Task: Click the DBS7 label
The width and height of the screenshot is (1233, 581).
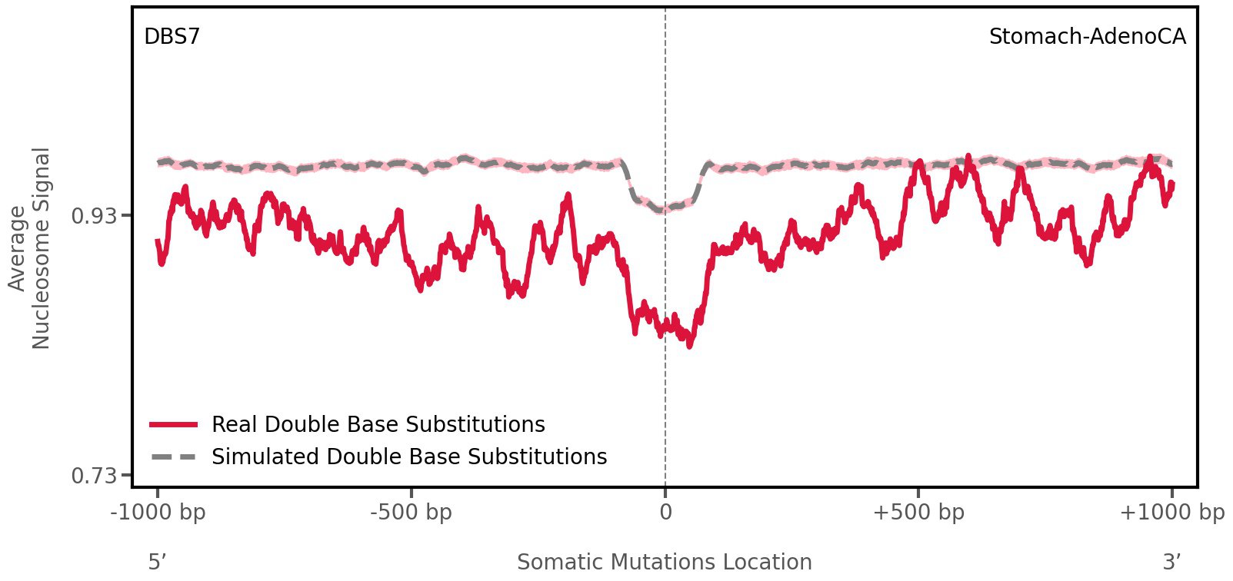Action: tap(172, 37)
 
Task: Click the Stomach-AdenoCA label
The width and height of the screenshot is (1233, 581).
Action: tap(1087, 37)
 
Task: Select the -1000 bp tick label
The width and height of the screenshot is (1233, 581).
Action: tap(158, 513)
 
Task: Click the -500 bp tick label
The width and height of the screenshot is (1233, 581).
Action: tap(411, 513)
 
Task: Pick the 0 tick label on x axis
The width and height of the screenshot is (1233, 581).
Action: tap(665, 513)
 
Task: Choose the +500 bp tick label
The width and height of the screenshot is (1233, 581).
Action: tap(918, 513)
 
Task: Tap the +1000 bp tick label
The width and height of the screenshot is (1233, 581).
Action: tap(1171, 513)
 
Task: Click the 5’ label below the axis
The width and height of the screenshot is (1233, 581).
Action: tap(157, 562)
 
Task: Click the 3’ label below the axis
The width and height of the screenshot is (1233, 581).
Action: tap(1171, 562)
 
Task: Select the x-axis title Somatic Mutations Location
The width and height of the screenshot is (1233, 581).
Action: tap(665, 562)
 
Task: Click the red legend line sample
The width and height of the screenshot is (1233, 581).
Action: tap(174, 424)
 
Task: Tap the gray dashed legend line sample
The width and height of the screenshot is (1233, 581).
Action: tap(174, 457)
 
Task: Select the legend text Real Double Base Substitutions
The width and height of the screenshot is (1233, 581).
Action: tap(378, 424)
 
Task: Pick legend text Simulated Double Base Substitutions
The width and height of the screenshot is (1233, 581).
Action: tap(409, 457)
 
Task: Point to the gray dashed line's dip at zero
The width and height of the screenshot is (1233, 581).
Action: tap(664, 209)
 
